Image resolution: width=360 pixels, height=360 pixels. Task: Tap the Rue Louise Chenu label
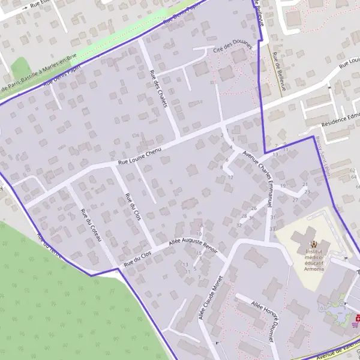tap(140, 157)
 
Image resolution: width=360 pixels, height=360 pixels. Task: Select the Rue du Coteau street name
tap(91, 226)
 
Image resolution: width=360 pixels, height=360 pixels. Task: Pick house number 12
tap(230, 177)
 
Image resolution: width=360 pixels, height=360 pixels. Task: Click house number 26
tap(254, 208)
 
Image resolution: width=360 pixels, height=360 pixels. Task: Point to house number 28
tap(244, 216)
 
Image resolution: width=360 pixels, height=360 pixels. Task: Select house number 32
tap(239, 225)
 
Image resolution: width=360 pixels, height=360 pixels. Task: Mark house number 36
tap(251, 218)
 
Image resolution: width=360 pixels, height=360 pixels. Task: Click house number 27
tap(295, 199)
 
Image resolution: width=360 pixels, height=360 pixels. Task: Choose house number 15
tap(197, 253)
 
